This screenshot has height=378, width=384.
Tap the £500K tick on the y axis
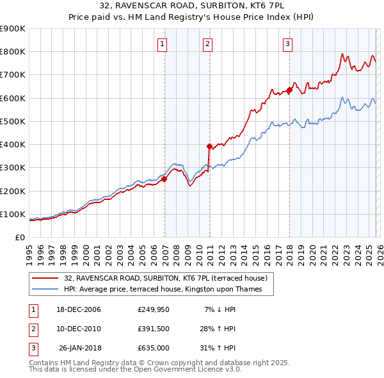coord(13,121)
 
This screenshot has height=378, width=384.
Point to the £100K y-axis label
coord(13,214)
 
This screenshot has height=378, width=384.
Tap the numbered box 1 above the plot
coord(163,44)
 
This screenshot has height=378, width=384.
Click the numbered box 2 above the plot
coord(208,44)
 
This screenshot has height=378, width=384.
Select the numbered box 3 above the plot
coord(288,44)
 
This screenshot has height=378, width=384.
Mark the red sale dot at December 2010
coord(209,146)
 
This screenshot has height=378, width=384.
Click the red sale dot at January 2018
coord(289,90)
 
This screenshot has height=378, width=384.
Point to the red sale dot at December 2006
coord(164,179)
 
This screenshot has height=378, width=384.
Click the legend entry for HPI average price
coord(168,290)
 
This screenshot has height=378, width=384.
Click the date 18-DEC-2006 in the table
coord(79,309)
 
